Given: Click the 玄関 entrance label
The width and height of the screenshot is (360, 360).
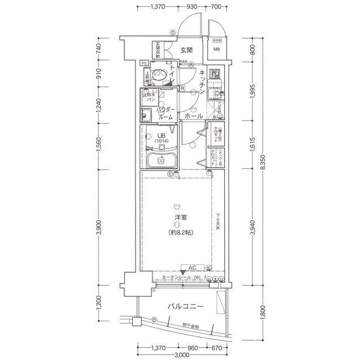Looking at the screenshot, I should click(187, 51).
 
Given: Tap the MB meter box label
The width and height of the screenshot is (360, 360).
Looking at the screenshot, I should click(217, 50).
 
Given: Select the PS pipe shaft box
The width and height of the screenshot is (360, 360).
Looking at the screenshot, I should click(145, 63).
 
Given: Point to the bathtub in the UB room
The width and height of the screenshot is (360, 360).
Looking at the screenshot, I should click(160, 160).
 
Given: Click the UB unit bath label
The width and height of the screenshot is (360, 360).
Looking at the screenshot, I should click(161, 136).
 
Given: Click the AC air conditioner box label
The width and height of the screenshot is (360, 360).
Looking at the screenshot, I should click(192, 268).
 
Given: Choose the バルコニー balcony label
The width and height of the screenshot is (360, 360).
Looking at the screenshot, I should click(185, 307).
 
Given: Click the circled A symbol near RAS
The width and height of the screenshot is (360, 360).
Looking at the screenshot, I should click(191, 64).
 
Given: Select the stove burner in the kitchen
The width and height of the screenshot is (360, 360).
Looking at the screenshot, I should click(214, 74).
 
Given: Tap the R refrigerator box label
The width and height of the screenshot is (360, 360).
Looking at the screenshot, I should click(183, 89).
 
